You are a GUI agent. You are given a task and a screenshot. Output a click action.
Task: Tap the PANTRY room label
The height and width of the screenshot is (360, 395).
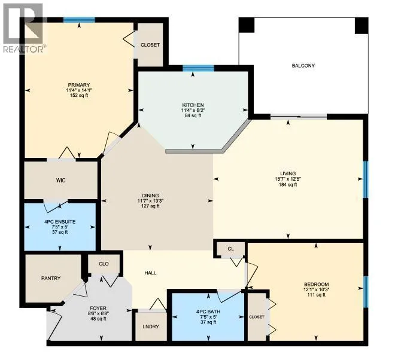point(51,278)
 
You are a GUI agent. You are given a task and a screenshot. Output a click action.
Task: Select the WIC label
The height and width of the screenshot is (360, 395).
point(60,180)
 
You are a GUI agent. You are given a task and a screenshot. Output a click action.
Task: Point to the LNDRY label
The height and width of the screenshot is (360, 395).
point(151,327)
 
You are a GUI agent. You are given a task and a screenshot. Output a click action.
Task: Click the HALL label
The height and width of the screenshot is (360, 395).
point(150,273)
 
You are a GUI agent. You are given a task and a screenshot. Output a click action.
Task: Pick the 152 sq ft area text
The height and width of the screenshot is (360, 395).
point(78,96)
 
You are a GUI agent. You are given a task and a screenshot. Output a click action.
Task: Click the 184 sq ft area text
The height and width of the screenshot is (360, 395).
point(288,185)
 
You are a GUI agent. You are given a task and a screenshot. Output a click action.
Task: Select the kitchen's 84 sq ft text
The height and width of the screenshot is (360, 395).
point(193,115)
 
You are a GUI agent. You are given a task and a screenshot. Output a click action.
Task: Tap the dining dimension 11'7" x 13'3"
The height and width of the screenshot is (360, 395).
point(150,201)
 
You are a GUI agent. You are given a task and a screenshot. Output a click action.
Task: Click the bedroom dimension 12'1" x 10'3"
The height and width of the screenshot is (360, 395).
point(317,289)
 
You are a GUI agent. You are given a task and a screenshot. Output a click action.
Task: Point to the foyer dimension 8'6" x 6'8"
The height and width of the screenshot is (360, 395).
point(98,313)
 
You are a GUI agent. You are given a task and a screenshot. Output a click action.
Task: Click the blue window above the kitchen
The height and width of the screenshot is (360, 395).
point(198,68)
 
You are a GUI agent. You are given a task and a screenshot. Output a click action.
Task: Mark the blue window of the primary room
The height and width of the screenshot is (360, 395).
point(79,20)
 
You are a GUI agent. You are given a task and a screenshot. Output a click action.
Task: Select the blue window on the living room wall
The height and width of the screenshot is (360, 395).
point(366,179)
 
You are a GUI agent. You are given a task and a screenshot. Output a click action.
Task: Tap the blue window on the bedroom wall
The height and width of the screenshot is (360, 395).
point(366,292)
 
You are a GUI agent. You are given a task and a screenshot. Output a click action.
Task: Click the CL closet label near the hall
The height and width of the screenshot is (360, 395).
point(230,249)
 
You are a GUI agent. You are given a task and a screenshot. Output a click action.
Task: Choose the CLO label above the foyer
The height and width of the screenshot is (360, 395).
point(104,264)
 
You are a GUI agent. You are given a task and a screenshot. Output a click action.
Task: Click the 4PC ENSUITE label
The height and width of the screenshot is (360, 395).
point(60,222)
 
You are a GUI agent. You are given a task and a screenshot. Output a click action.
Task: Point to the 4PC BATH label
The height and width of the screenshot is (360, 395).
point(208,312)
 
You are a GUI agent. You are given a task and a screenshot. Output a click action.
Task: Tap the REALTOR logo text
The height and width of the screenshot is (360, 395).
point(25,49)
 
